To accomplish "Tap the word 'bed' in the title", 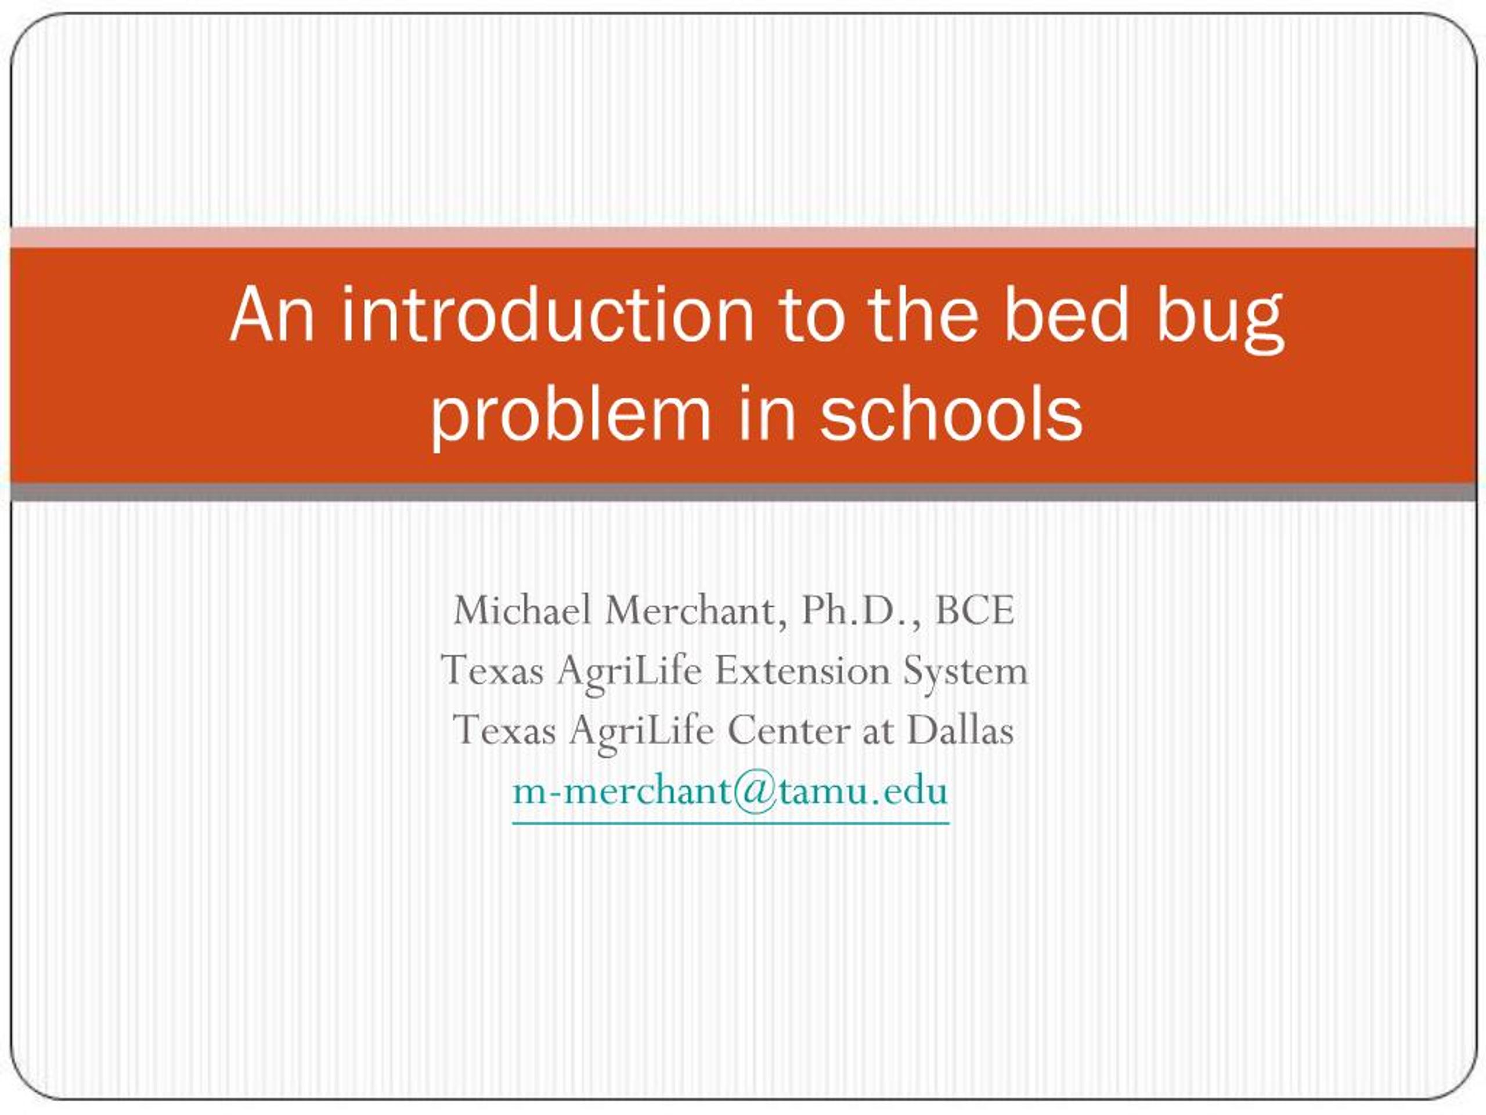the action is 1065,315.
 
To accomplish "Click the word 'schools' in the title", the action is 951,411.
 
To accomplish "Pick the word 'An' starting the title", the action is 272,315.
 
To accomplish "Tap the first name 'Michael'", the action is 522,610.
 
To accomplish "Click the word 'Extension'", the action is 802,670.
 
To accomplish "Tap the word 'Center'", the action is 789,730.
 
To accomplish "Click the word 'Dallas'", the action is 961,729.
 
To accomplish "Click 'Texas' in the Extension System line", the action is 492,670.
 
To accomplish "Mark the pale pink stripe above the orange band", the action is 743,238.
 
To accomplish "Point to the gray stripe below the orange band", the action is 743,492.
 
